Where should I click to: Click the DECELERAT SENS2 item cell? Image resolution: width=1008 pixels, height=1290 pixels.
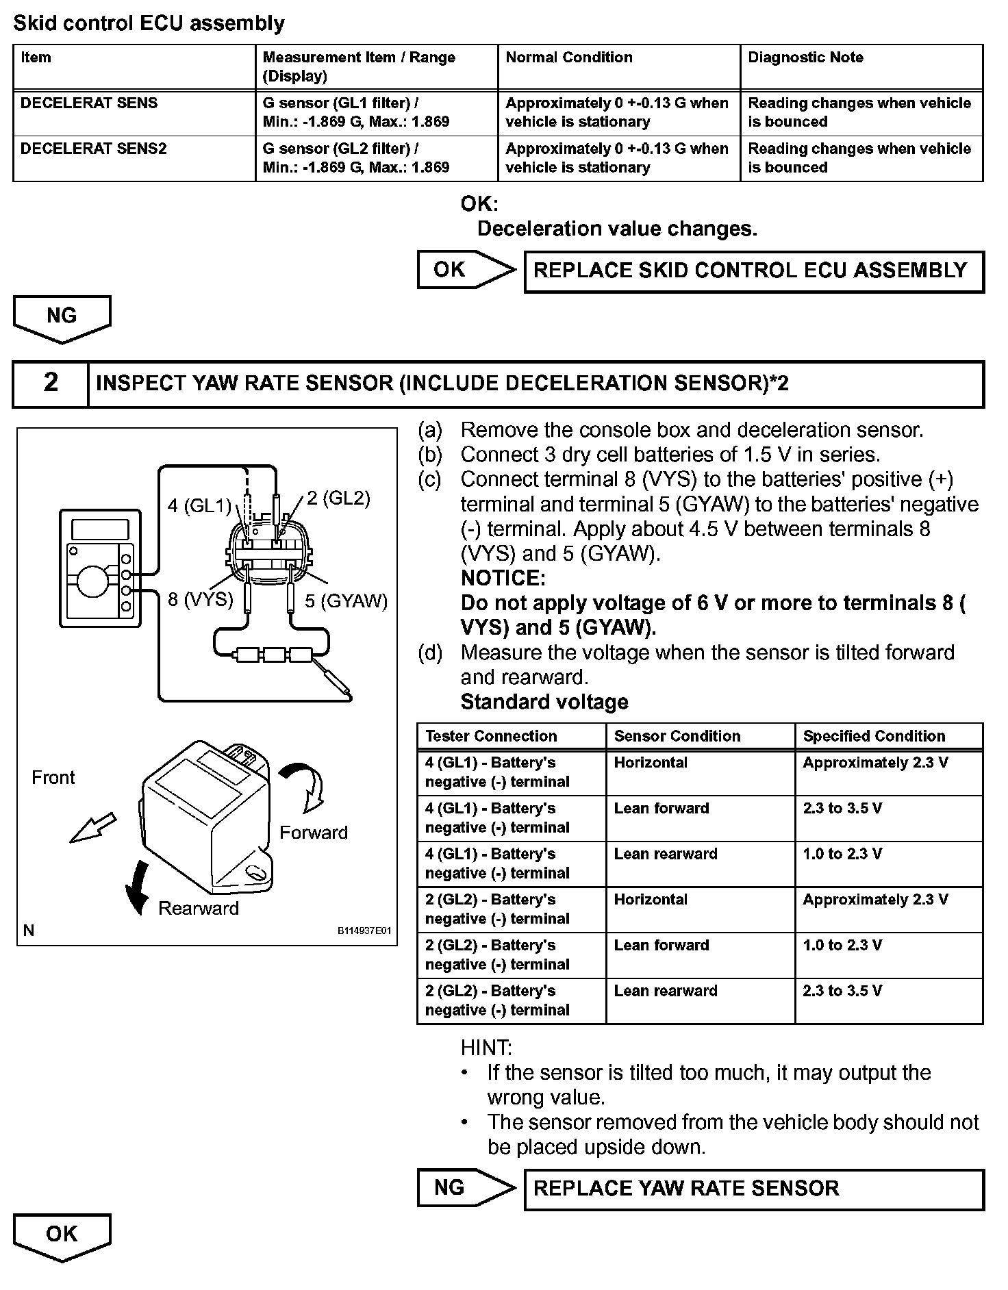tap(94, 149)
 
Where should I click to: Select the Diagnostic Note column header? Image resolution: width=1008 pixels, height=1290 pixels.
tap(805, 58)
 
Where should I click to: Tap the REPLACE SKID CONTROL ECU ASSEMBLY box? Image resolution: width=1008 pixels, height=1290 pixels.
tap(753, 271)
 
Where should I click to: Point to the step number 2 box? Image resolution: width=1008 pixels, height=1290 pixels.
tap(51, 383)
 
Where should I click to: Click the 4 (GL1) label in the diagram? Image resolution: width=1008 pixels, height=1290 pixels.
tap(199, 505)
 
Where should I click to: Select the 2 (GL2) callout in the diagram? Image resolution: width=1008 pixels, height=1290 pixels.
tap(338, 498)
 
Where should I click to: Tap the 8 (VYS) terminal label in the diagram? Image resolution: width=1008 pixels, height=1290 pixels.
tap(200, 600)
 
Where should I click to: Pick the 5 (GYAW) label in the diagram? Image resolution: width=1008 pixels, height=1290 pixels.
tap(346, 601)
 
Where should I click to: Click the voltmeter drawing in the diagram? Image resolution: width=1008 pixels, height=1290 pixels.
tap(100, 567)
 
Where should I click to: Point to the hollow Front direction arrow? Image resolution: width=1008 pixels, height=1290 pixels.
tap(93, 828)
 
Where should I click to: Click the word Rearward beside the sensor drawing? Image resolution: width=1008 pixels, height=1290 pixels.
tap(199, 909)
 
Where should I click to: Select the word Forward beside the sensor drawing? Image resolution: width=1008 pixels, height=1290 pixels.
tap(314, 833)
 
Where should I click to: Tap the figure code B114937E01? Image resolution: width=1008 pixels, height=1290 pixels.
tap(364, 931)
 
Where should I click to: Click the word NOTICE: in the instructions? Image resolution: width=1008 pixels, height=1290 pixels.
tap(503, 579)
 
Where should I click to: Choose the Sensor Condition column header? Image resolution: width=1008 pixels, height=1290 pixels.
tap(677, 736)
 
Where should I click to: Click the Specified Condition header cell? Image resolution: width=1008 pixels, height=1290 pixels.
tap(874, 736)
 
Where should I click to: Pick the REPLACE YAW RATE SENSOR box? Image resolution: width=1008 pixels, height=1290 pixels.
tap(753, 1188)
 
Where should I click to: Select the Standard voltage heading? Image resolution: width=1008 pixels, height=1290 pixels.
tap(544, 702)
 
